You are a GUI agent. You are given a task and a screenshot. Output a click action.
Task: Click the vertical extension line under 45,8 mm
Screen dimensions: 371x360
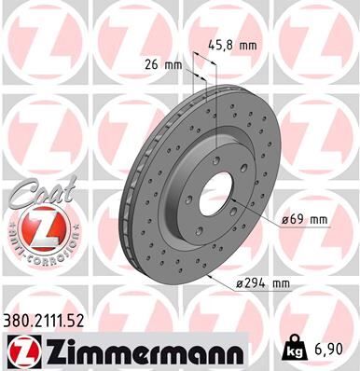tap(215, 103)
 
